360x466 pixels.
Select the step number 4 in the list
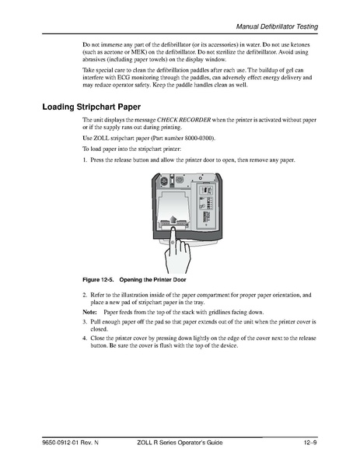(85, 338)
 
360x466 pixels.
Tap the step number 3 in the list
(85, 320)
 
